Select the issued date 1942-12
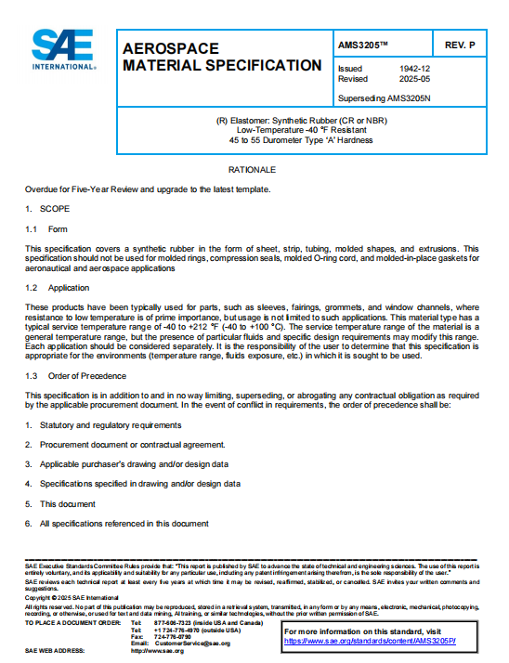(414, 69)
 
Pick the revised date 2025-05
(414, 79)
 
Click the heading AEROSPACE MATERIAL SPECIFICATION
(222, 57)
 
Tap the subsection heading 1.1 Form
(46, 228)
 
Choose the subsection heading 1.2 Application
(57, 288)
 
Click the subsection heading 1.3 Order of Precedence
(71, 375)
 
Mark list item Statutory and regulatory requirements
(110, 424)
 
